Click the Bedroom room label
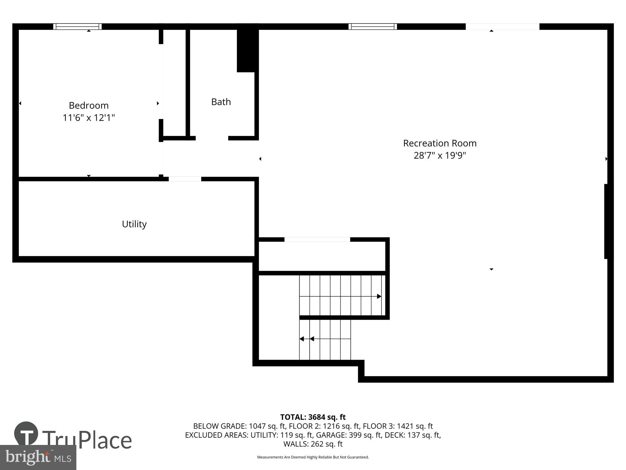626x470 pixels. coord(89,105)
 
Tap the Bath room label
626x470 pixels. coord(221,102)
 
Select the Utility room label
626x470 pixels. coord(134,224)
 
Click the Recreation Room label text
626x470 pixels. coord(440,143)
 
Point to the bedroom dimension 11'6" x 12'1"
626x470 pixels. coord(89,118)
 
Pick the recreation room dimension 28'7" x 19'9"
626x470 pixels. coord(440,155)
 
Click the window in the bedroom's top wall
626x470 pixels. coord(77,27)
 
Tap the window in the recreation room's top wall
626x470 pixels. coord(372,27)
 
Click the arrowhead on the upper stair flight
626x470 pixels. coord(379,296)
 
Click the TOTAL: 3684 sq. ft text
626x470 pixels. coord(313,417)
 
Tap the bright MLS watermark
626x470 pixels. coord(38,458)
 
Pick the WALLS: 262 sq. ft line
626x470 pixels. coord(313,444)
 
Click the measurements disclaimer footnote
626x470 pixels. coord(313,457)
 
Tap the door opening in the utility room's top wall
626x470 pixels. coord(185,179)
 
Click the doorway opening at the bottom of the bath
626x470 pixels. coord(212,138)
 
